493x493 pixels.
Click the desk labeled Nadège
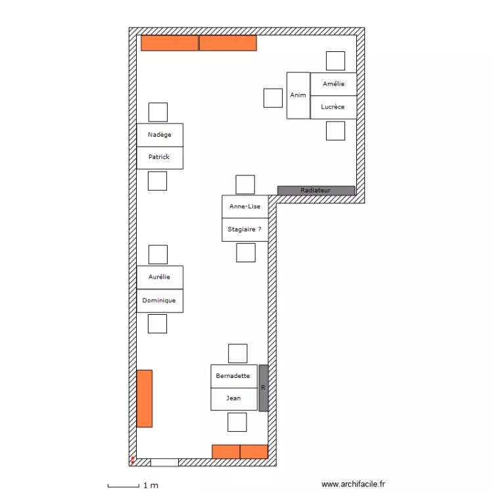tap(160, 135)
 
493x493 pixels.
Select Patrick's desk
tap(160, 157)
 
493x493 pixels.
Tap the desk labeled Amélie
tap(333, 83)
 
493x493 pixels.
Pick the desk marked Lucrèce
tap(333, 106)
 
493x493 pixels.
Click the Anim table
tap(298, 95)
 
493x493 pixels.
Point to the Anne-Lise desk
tap(245, 206)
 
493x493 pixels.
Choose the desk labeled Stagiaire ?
tap(245, 229)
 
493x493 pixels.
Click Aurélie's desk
tap(160, 277)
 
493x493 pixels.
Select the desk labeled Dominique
tap(160, 300)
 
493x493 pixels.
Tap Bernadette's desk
tap(233, 376)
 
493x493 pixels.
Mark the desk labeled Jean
tap(233, 398)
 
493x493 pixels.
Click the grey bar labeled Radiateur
tap(316, 191)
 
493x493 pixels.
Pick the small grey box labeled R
tap(264, 388)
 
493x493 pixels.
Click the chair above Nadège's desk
tap(158, 112)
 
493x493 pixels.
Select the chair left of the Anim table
tap(273, 97)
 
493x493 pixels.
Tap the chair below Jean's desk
tap(237, 422)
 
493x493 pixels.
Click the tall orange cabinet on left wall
tap(145, 398)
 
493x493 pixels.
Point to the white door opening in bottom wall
tap(164, 462)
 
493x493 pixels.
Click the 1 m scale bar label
tap(151, 486)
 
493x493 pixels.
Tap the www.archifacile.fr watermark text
tap(353, 484)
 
